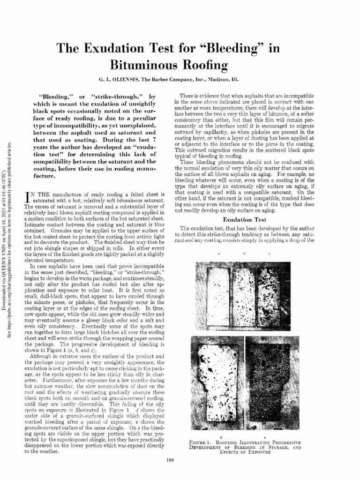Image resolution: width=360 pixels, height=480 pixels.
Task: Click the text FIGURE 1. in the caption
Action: point(202,442)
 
